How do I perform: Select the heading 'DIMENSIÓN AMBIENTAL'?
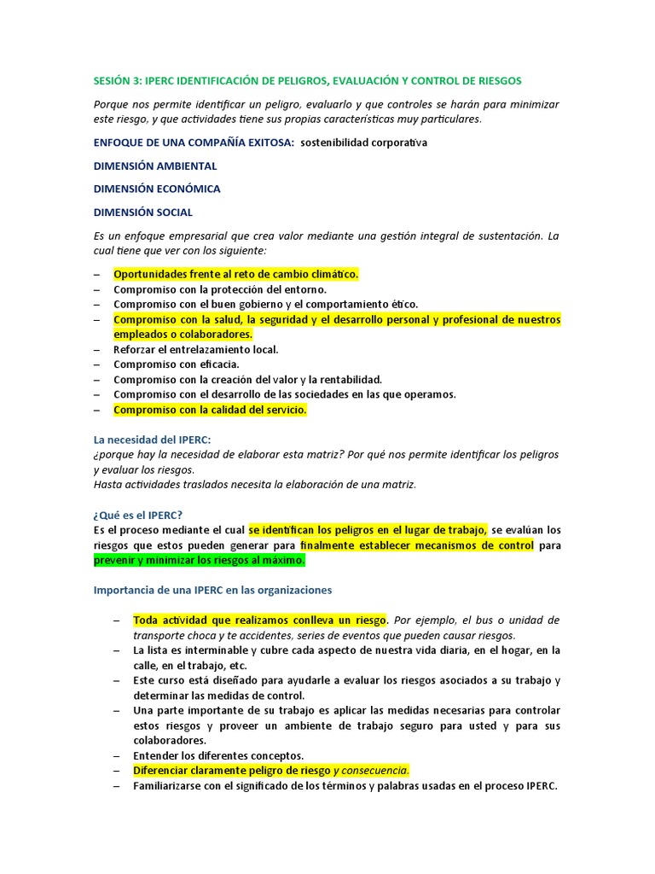pyautogui.click(x=155, y=166)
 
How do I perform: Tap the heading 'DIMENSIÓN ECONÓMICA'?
pyautogui.click(x=157, y=189)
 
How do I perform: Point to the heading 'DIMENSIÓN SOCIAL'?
pyautogui.click(x=143, y=212)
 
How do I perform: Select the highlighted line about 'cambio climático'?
pyautogui.click(x=236, y=274)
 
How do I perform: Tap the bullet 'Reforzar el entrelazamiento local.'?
pyautogui.click(x=196, y=349)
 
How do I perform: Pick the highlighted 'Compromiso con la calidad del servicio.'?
pyautogui.click(x=210, y=410)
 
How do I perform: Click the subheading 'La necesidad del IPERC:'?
pyautogui.click(x=152, y=439)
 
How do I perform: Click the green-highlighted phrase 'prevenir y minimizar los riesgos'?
pyautogui.click(x=199, y=561)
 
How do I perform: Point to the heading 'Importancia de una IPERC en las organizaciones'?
pyautogui.click(x=212, y=590)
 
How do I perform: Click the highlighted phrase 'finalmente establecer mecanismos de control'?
pyautogui.click(x=416, y=545)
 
